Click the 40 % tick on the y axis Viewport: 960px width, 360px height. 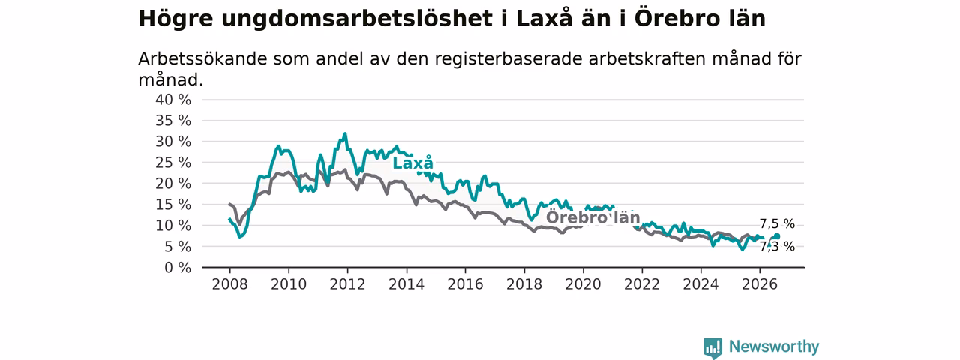click(173, 100)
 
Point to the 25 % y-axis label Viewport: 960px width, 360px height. click(173, 163)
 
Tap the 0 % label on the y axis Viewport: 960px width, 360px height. click(178, 268)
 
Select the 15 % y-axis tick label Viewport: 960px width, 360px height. click(173, 205)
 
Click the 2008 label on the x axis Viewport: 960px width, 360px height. click(229, 284)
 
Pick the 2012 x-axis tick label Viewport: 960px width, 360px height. click(347, 284)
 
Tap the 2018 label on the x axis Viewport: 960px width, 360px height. click(524, 284)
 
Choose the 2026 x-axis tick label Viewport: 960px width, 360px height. click(760, 284)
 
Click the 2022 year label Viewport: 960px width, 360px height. click(642, 284)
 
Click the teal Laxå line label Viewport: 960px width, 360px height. click(413, 163)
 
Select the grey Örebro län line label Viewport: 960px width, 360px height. click(592, 217)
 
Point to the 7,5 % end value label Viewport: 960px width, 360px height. click(778, 223)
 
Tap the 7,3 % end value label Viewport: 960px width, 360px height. click(778, 247)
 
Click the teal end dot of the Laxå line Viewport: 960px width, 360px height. click(778, 236)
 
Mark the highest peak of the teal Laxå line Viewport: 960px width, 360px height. click(345, 133)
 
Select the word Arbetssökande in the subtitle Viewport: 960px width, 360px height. click(202, 58)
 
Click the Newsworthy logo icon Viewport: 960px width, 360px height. click(712, 347)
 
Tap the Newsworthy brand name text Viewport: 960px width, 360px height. click(774, 346)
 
